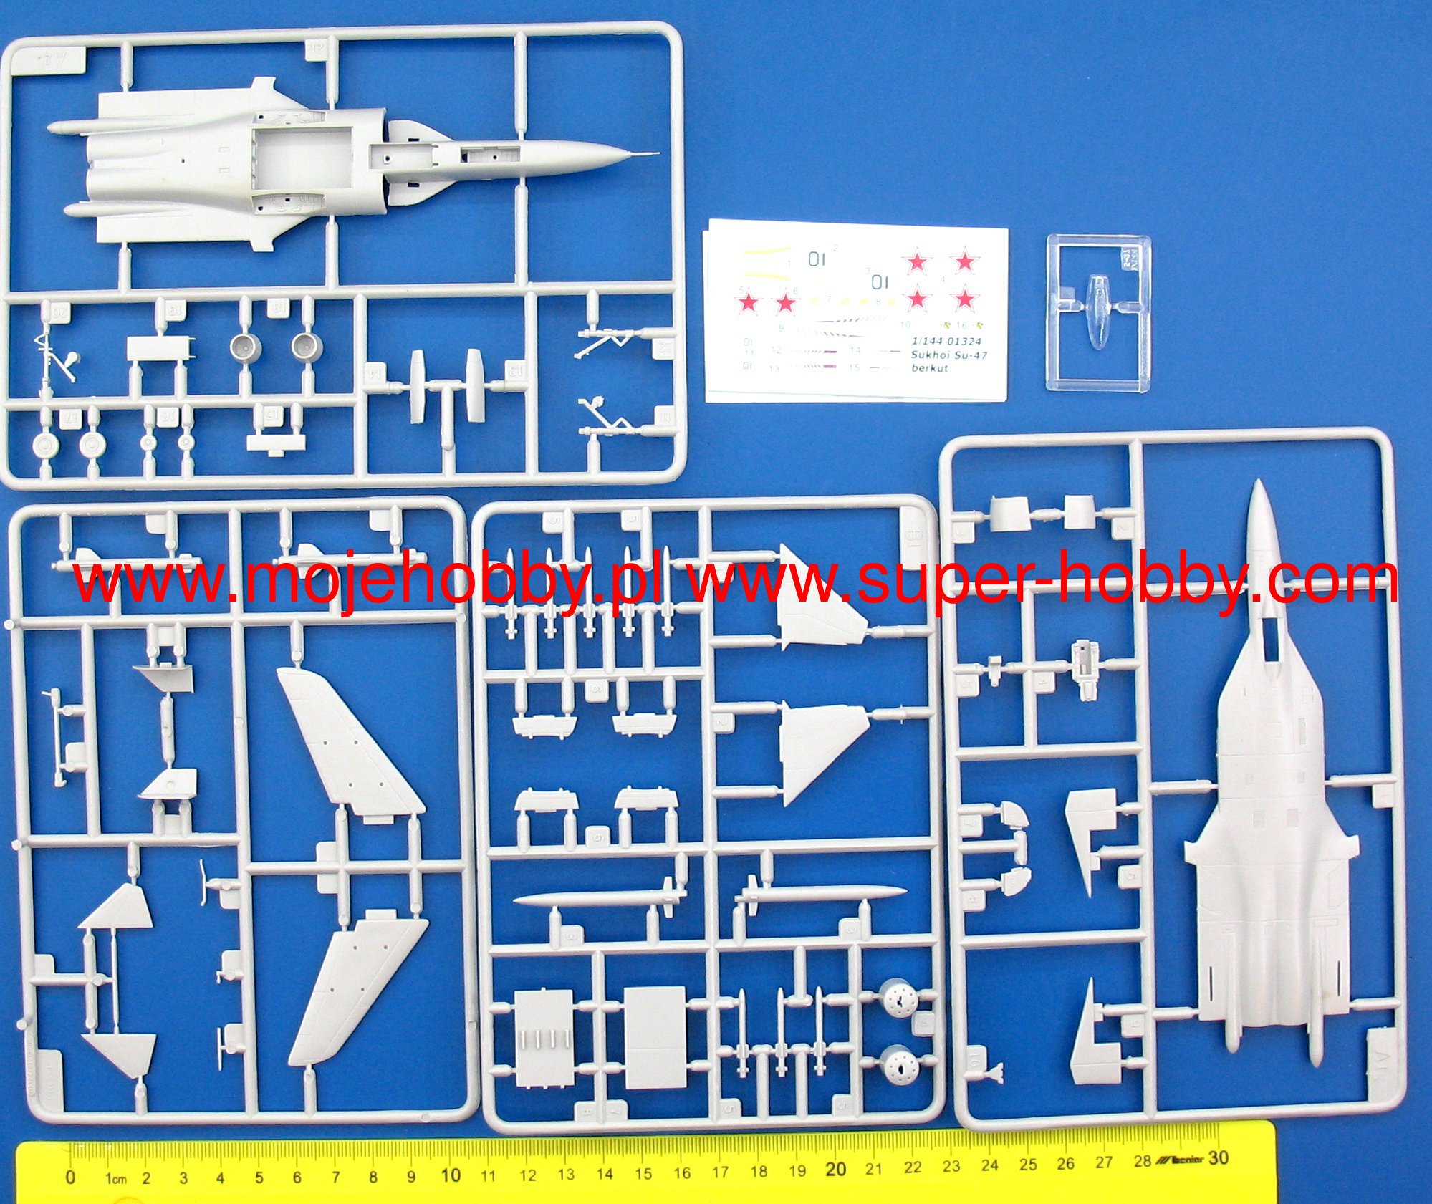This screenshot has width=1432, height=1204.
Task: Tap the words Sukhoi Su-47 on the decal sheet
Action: tap(948, 355)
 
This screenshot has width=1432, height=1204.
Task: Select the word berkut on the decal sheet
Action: tap(929, 368)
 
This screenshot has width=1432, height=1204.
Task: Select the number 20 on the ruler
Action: tap(835, 1169)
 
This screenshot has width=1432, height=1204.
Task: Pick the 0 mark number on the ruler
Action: tap(70, 1177)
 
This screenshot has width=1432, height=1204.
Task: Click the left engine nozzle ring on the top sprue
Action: tap(246, 347)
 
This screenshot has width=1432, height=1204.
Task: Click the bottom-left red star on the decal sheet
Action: tap(748, 303)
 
